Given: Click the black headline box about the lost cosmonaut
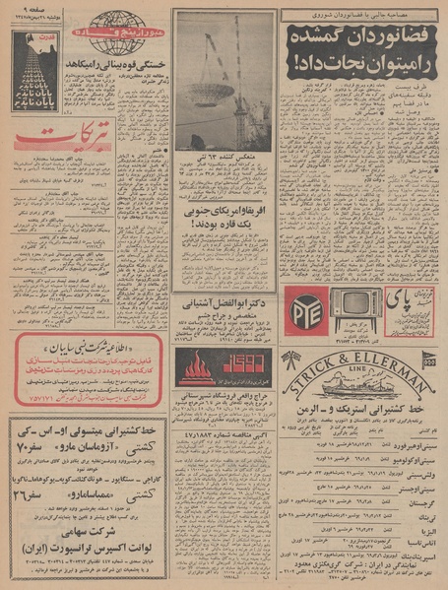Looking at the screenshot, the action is point(359,48).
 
